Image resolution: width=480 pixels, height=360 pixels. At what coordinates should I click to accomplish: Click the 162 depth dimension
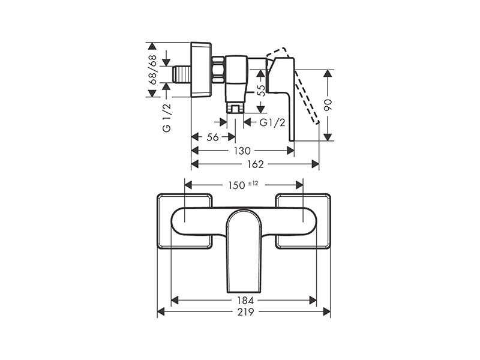[x=254, y=164]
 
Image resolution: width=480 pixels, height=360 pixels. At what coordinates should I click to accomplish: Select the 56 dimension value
[x=212, y=137]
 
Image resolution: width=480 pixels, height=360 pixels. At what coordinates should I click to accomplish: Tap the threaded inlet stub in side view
[x=179, y=74]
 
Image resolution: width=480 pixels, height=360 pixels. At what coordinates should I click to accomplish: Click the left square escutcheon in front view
[x=185, y=221]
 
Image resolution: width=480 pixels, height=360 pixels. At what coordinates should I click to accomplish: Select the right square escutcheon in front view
[x=302, y=221]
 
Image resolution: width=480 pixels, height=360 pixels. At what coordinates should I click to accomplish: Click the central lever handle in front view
[x=244, y=246]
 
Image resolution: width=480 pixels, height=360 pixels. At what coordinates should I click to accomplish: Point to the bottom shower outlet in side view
[x=235, y=108]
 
